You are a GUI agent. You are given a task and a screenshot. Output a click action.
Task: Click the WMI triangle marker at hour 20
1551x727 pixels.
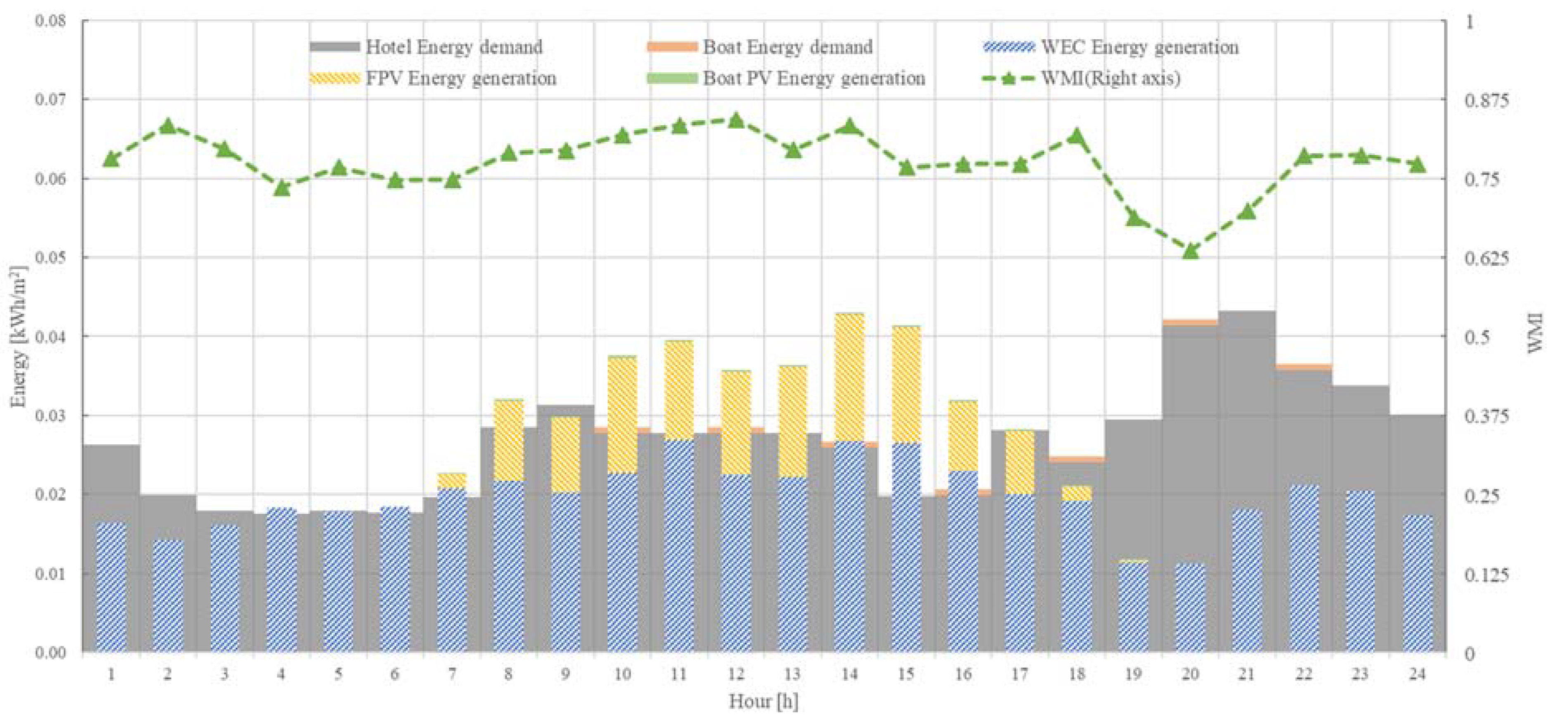pos(1190,250)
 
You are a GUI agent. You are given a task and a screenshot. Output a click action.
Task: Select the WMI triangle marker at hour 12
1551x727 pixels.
pos(736,120)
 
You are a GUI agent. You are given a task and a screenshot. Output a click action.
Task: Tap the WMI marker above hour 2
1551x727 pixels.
pos(168,126)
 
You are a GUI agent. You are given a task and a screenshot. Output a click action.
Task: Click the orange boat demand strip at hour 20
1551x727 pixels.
pos(1190,322)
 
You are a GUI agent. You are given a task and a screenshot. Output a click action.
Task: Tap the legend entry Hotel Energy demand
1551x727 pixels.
pos(453,47)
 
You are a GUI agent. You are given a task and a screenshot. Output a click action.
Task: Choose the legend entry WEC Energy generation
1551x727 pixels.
pos(1139,47)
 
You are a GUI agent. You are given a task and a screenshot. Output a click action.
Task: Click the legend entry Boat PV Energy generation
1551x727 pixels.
pos(813,78)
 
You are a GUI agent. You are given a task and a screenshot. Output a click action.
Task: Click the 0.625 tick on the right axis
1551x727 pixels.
pos(1487,258)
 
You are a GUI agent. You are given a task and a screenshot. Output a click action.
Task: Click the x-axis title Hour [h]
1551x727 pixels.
pos(763,701)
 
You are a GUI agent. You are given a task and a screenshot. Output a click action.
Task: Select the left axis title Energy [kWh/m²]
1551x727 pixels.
pos(20,336)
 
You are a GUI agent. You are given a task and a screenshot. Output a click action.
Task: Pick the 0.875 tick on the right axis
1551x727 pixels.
pos(1487,100)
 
